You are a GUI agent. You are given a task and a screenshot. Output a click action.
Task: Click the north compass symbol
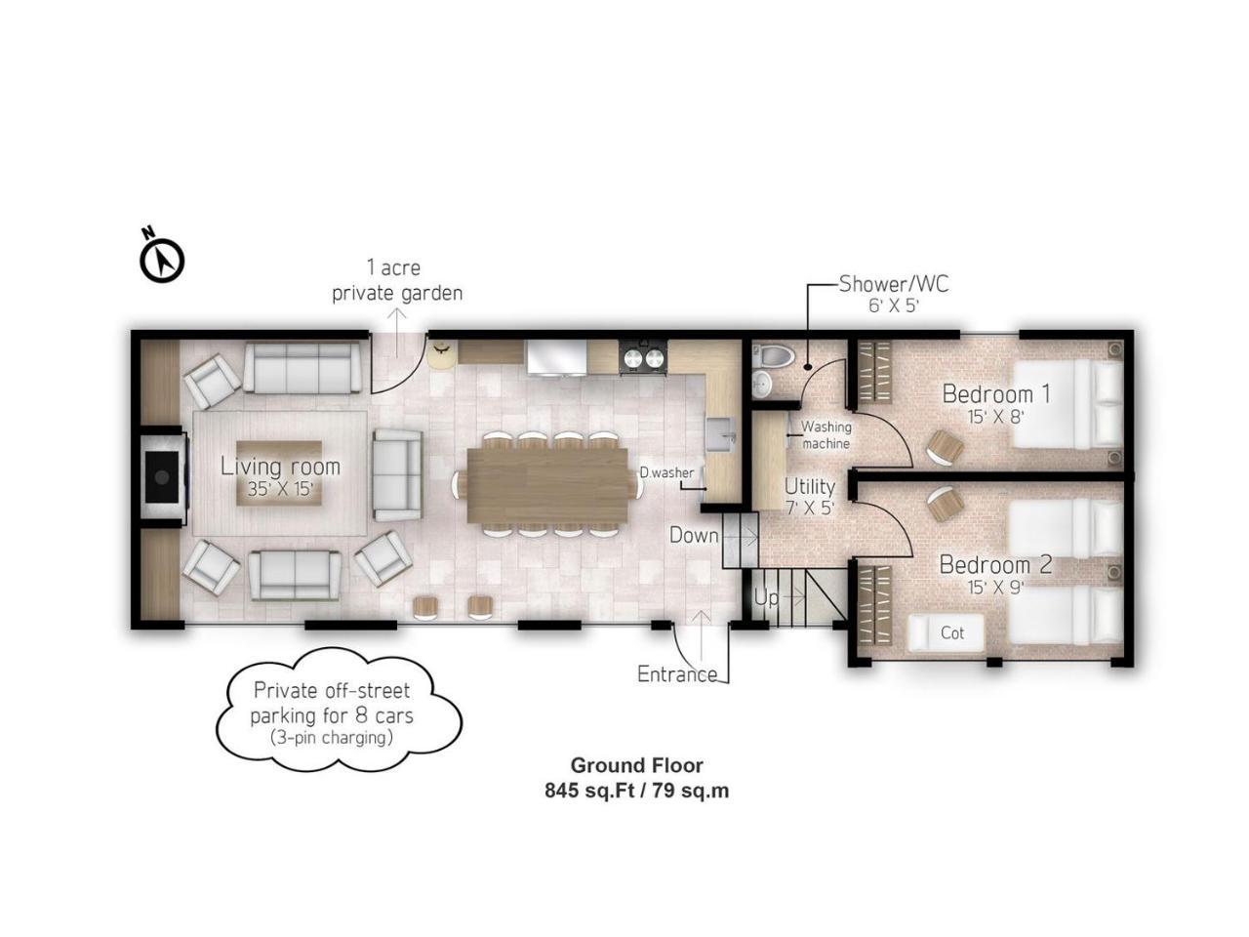click(162, 257)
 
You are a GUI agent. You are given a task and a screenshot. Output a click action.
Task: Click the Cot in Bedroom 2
click(947, 632)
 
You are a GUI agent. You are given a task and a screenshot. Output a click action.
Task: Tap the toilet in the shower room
click(775, 355)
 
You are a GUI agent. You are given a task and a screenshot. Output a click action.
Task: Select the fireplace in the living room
click(163, 476)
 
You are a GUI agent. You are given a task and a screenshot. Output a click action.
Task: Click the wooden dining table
click(547, 485)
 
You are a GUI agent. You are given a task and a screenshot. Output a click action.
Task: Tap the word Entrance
click(677, 674)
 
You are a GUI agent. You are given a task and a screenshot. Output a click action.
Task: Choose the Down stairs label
click(694, 535)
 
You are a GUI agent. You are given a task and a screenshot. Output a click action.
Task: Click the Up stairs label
click(766, 598)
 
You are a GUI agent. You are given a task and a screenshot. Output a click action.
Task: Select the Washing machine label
click(826, 434)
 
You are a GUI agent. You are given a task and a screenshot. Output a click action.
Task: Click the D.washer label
click(666, 472)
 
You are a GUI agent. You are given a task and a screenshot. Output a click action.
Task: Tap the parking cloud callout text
click(333, 714)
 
